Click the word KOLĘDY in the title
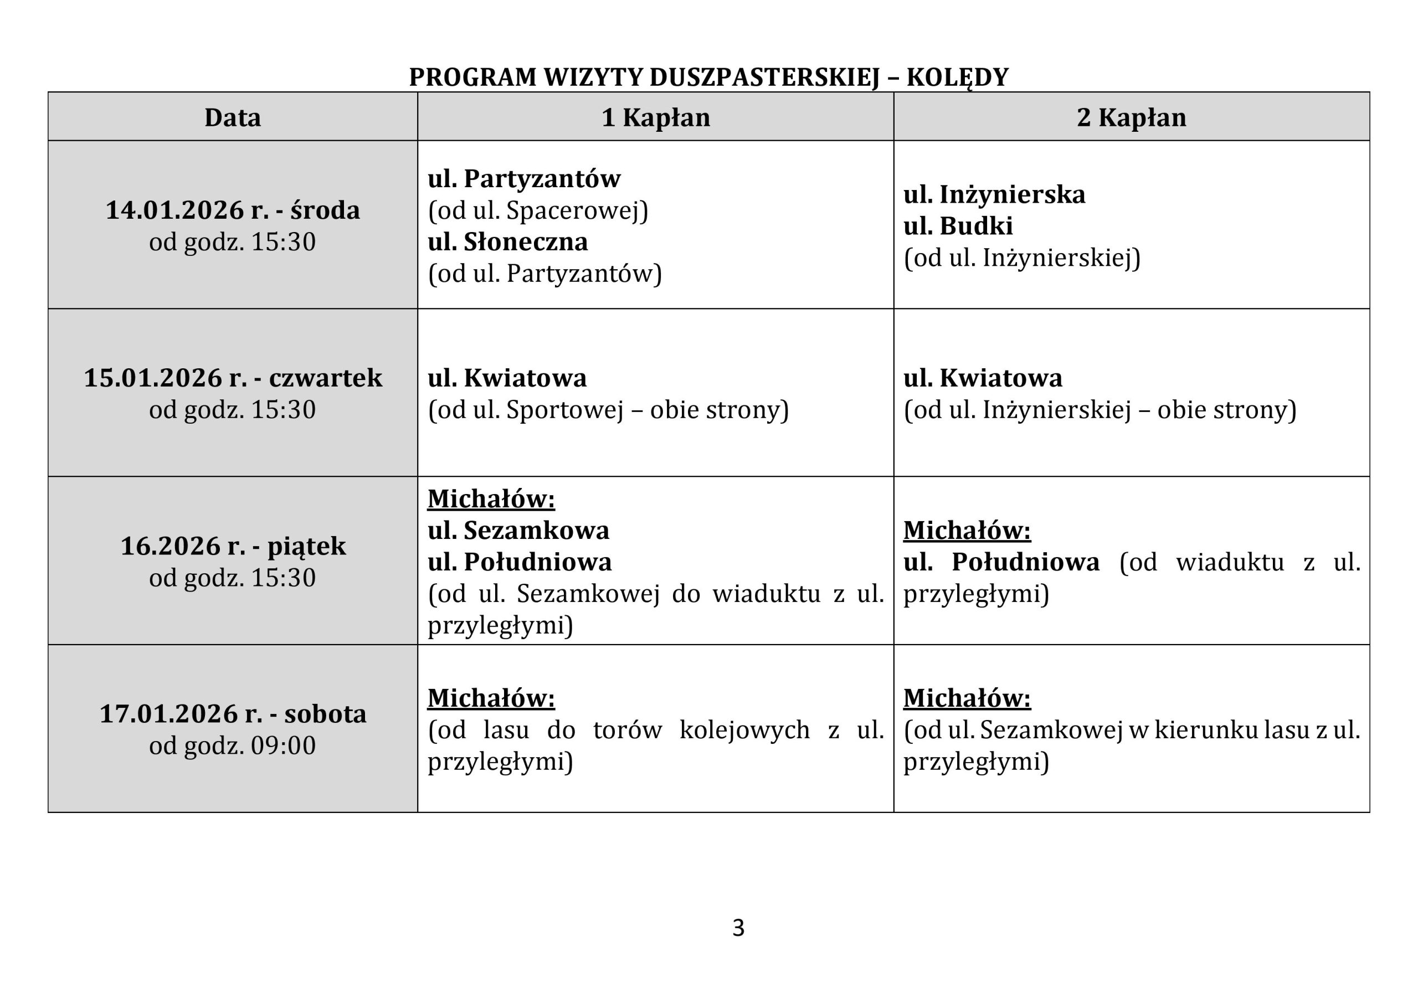click(957, 77)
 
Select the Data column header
click(232, 117)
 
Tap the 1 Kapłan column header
click(655, 117)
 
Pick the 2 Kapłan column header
click(1131, 117)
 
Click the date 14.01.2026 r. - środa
click(232, 210)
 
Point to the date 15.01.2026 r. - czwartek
click(232, 378)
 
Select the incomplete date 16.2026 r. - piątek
click(232, 546)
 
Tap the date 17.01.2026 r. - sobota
click(232, 714)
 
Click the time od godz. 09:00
click(232, 745)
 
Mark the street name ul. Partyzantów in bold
click(524, 178)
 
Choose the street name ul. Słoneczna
click(508, 241)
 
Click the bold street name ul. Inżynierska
click(994, 194)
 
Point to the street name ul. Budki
click(958, 226)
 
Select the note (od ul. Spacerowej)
click(538, 210)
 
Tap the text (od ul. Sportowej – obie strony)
click(608, 410)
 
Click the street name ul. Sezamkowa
click(518, 530)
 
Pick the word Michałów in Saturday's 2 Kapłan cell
click(967, 698)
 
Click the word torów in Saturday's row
click(627, 730)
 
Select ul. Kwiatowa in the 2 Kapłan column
click(983, 378)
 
